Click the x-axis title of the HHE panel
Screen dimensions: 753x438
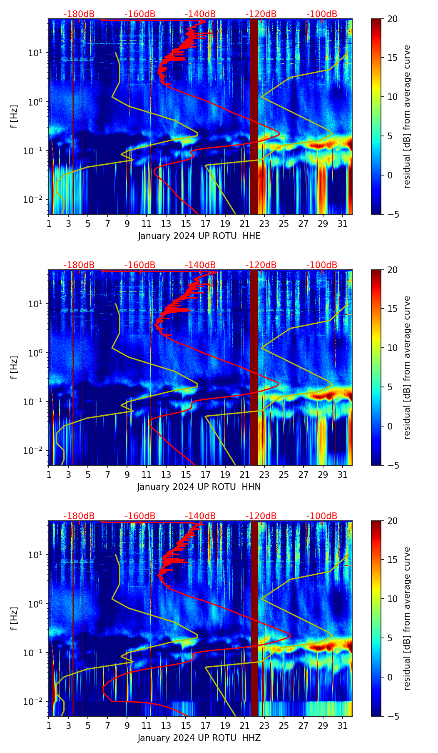199,236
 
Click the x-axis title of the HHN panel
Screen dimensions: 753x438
199,487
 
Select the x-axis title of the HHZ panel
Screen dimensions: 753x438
199,738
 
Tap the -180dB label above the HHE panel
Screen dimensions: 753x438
79,14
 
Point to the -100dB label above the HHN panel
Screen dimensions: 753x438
322,265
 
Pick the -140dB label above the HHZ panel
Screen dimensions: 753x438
200,516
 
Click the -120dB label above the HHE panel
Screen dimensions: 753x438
261,14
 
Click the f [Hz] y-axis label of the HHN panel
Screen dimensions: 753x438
14,367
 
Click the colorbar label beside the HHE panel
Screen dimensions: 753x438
407,116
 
